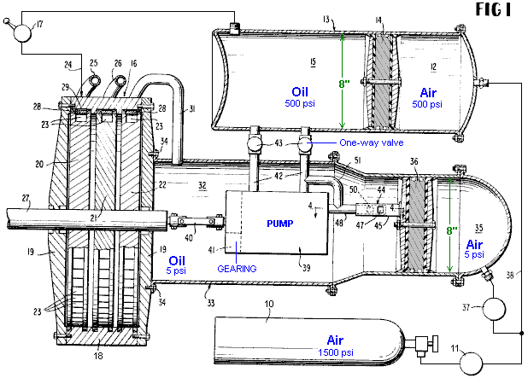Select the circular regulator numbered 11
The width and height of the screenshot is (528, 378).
(x=471, y=362)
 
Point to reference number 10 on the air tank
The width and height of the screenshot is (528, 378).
(x=270, y=305)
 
